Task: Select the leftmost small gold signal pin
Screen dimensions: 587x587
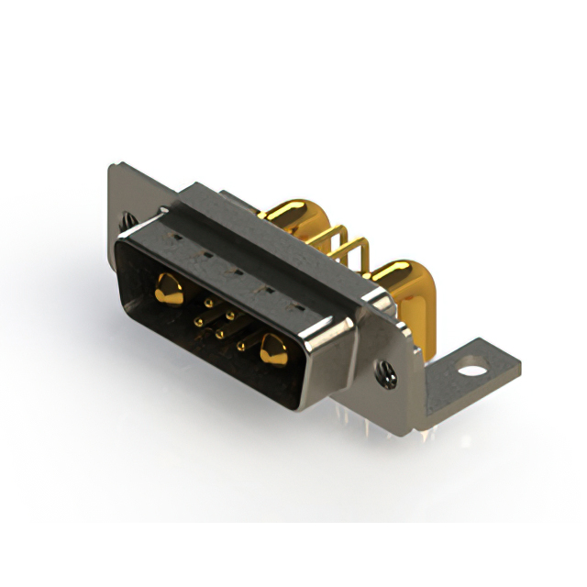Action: tap(199, 321)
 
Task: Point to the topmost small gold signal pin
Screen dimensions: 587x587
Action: tap(209, 302)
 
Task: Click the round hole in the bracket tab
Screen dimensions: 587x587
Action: tap(473, 372)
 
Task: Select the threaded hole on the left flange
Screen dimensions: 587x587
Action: tap(127, 219)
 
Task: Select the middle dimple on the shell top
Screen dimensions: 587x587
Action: tap(235, 271)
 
